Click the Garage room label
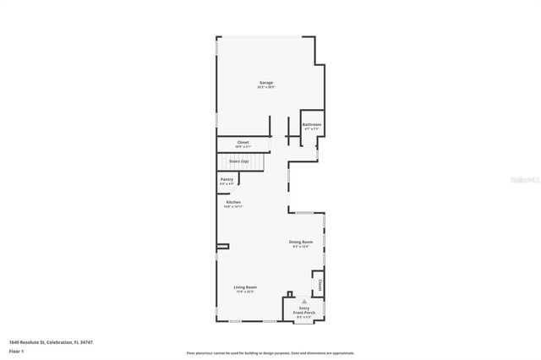coord(266,83)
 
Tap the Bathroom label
coord(312,124)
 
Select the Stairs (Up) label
coord(238,161)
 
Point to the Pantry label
coord(227,179)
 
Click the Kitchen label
coord(233,202)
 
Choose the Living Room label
coord(245,287)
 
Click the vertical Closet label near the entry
coord(320,284)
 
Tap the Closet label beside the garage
coord(243,142)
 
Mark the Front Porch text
coord(304,312)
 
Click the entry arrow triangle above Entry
coord(304,301)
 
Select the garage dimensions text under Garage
coord(266,88)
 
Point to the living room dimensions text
coord(245,292)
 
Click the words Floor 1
coord(16,350)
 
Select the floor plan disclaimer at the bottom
coord(270,353)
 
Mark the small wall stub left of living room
coord(222,246)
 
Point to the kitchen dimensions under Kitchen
coord(233,206)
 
